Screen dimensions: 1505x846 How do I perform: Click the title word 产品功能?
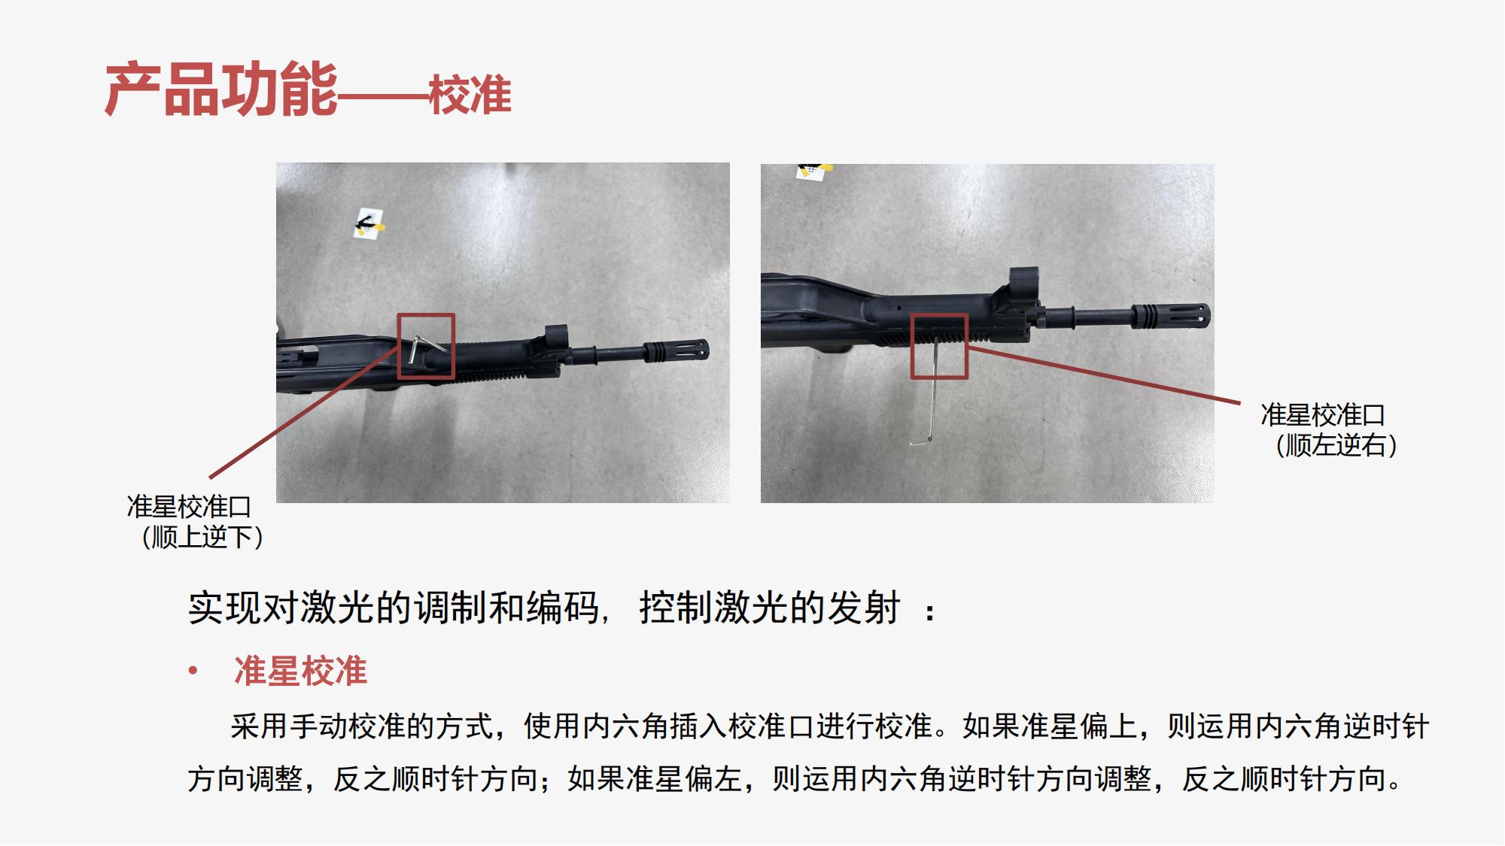(x=221, y=90)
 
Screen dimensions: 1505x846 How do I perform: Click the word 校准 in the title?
(x=470, y=96)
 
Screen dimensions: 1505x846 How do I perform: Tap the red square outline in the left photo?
(x=426, y=315)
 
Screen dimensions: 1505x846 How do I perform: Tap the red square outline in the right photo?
(x=939, y=315)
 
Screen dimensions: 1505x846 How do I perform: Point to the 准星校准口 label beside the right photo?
(x=1323, y=415)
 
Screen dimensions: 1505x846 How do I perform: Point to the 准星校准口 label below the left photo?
(x=189, y=507)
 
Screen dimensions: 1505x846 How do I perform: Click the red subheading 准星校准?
(x=301, y=671)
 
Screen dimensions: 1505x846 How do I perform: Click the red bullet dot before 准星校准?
(x=193, y=670)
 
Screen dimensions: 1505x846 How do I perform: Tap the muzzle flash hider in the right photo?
(x=1170, y=315)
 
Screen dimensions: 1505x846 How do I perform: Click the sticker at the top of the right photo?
(x=813, y=171)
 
